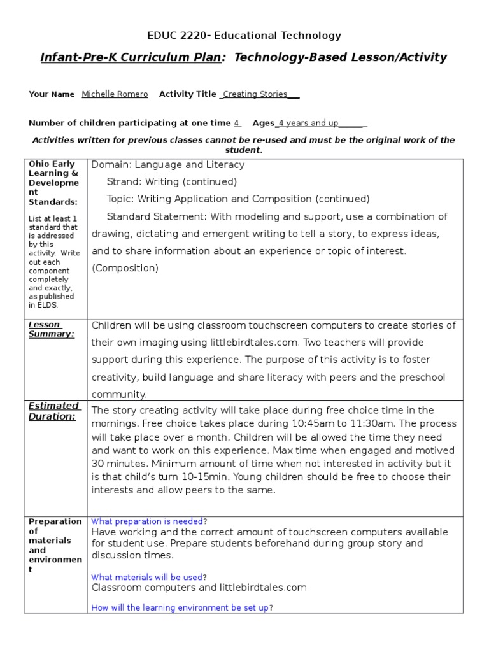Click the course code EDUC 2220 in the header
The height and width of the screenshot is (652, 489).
[x=175, y=36]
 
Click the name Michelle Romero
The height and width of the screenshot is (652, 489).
[x=115, y=94]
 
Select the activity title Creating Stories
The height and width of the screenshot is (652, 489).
[x=255, y=94]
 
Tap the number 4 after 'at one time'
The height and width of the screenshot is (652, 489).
[x=236, y=123]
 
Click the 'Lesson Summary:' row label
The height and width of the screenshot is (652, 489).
[x=51, y=329]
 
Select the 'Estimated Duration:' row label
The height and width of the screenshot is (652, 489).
[x=53, y=411]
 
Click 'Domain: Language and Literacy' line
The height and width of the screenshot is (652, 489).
[x=168, y=165]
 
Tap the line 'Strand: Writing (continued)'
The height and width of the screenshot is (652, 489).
[x=171, y=182]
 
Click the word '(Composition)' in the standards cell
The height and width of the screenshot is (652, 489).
[x=125, y=268]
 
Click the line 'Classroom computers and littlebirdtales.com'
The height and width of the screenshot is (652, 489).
[x=199, y=587]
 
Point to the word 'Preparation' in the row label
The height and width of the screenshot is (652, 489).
[x=55, y=521]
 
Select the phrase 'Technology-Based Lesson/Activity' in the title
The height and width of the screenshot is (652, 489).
[x=341, y=58]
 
